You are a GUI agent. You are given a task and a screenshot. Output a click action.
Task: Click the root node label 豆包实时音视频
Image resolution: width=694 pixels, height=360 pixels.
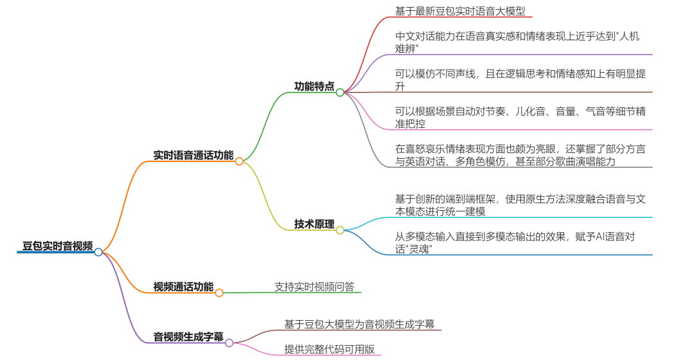click(x=57, y=246)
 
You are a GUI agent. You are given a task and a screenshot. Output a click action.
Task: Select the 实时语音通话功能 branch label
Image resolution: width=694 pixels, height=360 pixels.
click(x=193, y=155)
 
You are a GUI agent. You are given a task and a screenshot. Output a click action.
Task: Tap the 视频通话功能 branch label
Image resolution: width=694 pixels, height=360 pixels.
click(x=183, y=287)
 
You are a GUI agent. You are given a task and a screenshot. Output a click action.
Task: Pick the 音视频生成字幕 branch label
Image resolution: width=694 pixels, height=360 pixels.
click(x=188, y=336)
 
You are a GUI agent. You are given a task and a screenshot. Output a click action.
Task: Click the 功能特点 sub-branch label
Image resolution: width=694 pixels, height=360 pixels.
click(x=314, y=86)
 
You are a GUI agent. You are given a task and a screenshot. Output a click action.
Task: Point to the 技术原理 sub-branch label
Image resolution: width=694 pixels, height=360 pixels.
click(x=314, y=224)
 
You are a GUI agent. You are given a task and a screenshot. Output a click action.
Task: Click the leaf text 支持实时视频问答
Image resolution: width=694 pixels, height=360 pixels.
click(x=314, y=287)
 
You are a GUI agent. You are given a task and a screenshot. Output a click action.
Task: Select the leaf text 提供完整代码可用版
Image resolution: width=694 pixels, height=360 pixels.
click(x=329, y=350)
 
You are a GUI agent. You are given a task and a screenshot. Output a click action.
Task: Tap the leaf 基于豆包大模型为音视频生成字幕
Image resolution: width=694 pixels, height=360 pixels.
click(x=359, y=324)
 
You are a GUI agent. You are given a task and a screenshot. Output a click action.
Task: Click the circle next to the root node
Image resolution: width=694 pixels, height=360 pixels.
click(x=98, y=252)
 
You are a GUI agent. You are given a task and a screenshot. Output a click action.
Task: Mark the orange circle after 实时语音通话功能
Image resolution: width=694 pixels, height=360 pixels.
click(x=239, y=161)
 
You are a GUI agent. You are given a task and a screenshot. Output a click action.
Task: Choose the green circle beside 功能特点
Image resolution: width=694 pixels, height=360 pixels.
click(x=340, y=92)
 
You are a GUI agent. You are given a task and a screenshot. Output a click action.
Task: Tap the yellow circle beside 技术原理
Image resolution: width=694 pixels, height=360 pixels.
click(x=340, y=230)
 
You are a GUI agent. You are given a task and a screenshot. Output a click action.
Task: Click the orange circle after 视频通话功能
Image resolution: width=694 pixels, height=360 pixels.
click(x=219, y=292)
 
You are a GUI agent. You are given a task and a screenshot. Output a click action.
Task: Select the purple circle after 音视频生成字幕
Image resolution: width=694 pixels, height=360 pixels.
click(x=229, y=343)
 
